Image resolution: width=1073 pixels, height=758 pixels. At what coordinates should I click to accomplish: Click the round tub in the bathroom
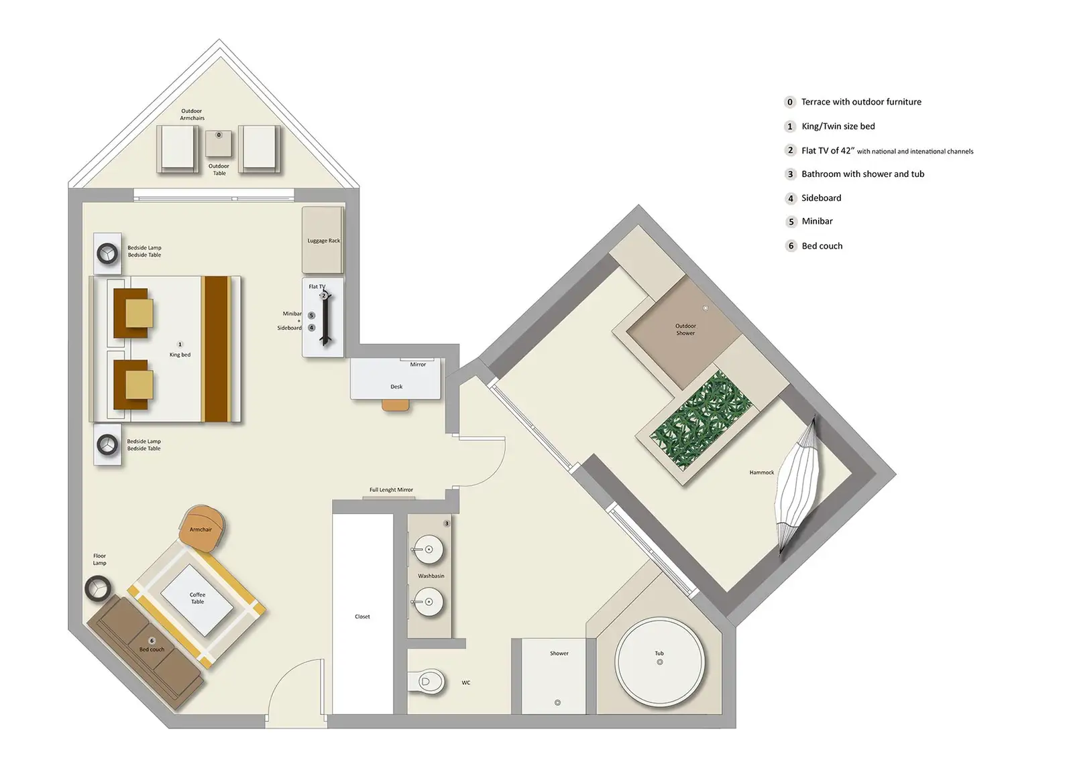point(660,661)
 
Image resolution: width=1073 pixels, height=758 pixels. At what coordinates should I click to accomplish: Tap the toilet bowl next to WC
point(430,682)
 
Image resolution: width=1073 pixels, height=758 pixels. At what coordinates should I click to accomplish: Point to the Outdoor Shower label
point(685,329)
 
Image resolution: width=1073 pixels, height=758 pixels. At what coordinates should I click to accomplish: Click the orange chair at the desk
point(396,405)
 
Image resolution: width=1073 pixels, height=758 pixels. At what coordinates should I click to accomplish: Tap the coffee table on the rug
point(197,598)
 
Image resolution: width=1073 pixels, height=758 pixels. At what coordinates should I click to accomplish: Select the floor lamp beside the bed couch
point(98,588)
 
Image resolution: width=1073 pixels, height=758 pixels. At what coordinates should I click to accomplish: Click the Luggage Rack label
point(323,241)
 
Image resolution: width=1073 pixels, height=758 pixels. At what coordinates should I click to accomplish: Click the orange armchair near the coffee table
point(201,527)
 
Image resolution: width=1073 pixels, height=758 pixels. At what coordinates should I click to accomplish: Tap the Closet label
point(362,617)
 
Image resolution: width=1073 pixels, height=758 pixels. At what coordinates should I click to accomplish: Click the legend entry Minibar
point(817,221)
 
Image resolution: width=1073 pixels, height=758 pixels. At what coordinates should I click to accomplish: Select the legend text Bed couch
point(822,246)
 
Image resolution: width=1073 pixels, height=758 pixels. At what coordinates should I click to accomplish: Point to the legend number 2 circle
point(790,150)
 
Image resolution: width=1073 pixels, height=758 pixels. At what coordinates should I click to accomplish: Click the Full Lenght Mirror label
point(391,490)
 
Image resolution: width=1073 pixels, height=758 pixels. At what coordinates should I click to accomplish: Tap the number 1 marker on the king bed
point(180,344)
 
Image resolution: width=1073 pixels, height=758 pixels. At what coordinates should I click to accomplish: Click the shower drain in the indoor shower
point(557,703)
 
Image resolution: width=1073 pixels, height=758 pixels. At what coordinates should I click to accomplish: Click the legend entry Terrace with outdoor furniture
point(860,102)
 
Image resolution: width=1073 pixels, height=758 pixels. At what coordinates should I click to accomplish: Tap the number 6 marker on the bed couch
point(152,641)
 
